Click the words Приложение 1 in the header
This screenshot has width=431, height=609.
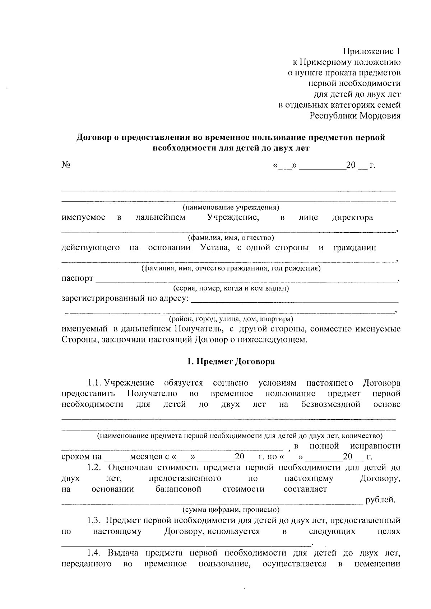(x=371, y=51)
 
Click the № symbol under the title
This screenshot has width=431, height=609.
(x=66, y=165)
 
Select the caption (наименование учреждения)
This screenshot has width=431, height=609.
(x=231, y=208)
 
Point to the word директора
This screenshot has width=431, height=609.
(x=352, y=218)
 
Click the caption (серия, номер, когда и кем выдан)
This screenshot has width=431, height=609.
(x=231, y=288)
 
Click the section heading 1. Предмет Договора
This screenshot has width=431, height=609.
(x=231, y=362)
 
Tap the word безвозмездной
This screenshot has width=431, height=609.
(x=330, y=404)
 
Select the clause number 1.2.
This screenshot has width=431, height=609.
(x=95, y=468)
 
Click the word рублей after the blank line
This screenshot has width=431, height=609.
(x=380, y=500)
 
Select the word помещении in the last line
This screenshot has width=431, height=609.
(x=377, y=564)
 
